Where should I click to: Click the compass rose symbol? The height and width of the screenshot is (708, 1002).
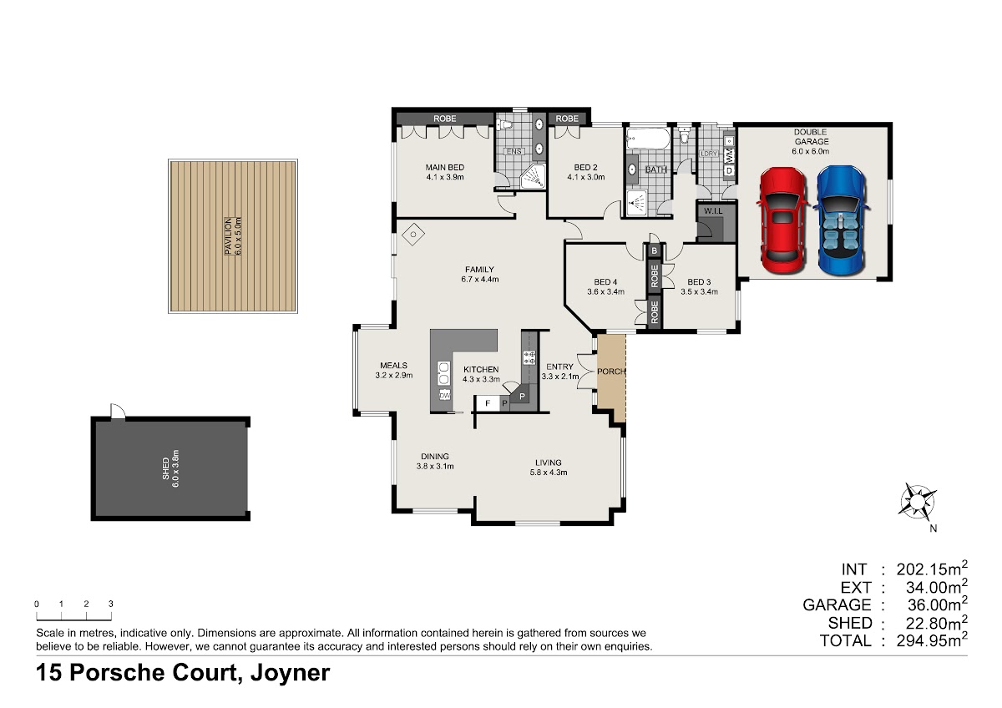coord(917,501)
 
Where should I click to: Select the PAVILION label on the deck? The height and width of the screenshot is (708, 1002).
coord(228,236)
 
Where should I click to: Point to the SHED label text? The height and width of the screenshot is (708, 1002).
coord(165,468)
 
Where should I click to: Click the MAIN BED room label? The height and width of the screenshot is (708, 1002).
coord(444,167)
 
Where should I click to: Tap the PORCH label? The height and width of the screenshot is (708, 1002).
coord(611,372)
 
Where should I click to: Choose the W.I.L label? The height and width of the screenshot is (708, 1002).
coord(713,210)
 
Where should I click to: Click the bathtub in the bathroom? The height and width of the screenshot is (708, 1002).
coord(648,139)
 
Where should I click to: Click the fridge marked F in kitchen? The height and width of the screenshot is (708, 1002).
coord(488,403)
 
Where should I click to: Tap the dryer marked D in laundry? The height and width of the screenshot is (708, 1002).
coord(729,170)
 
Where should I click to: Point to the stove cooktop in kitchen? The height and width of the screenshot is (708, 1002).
coord(529,357)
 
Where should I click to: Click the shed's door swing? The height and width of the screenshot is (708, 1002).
coord(119,410)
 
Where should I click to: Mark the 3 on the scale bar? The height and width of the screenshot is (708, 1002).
coord(110,604)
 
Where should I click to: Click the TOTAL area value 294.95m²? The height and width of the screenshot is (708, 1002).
coord(932,640)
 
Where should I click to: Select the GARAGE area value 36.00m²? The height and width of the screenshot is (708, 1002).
coord(937,604)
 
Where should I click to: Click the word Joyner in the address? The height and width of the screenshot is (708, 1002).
coord(290,673)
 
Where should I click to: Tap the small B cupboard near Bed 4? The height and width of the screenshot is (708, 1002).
coord(654,251)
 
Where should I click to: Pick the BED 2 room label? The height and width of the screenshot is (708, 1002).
coord(585,167)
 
